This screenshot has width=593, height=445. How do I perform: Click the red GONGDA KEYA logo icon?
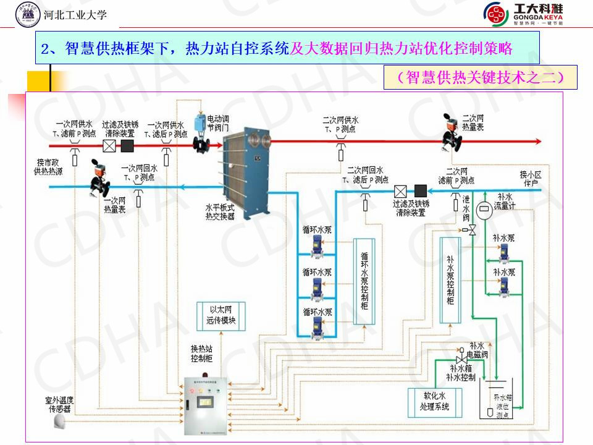[x=495, y=14]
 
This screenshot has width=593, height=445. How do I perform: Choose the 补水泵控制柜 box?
[x=450, y=279]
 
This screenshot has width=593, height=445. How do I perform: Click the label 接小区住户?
[x=529, y=179]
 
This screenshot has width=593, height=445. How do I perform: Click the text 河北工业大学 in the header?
[x=76, y=14]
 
